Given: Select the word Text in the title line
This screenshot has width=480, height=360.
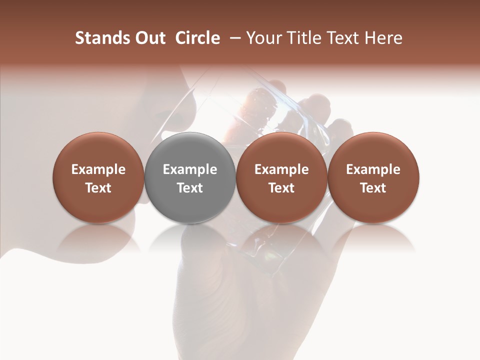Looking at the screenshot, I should pyautogui.click(x=342, y=38).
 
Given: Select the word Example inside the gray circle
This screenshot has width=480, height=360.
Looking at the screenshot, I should pyautogui.click(x=190, y=169).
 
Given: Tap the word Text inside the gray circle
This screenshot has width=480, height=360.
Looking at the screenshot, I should pyautogui.click(x=190, y=188).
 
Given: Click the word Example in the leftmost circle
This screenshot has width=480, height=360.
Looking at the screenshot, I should pyautogui.click(x=98, y=169).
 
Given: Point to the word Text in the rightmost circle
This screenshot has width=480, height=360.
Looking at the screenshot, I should pyautogui.click(x=373, y=188).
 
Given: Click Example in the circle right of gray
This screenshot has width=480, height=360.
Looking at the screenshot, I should pyautogui.click(x=281, y=169).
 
